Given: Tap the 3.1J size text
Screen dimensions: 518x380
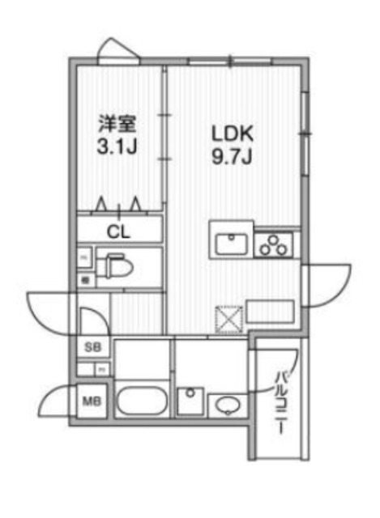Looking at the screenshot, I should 117,149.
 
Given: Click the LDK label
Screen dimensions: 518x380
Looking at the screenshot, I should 233,132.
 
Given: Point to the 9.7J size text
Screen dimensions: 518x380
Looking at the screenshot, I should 233,156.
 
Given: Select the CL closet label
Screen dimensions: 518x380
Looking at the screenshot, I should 119,231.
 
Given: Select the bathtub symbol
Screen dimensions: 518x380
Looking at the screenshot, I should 141,400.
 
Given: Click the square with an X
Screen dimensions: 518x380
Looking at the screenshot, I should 228,319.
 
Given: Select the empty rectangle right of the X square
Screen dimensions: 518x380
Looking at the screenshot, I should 269,310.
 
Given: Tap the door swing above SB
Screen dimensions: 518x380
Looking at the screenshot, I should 93,315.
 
